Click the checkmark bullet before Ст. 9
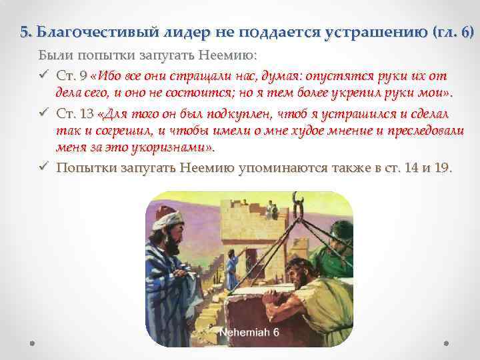[x=43, y=76]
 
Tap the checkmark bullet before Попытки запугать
[x=43, y=167]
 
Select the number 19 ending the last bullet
[x=442, y=167]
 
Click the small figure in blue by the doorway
[x=231, y=269]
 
